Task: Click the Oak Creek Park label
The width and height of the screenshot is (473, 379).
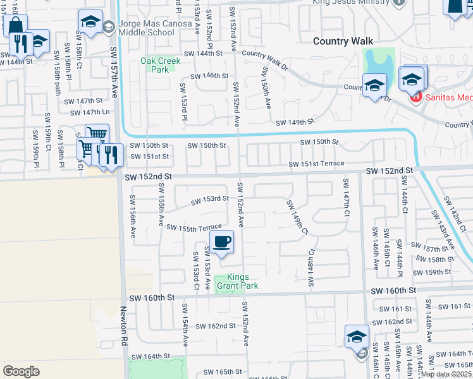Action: pos(161,65)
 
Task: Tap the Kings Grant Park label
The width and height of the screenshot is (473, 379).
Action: pos(237,282)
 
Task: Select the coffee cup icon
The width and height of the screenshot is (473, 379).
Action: pos(222,242)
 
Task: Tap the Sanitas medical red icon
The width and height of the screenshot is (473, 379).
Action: pos(415,97)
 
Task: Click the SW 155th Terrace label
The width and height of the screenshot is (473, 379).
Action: pos(194,227)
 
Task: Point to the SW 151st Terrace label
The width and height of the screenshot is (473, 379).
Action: pos(317,164)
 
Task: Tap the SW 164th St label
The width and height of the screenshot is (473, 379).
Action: pos(152,356)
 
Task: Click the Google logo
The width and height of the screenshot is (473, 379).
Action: pos(21,371)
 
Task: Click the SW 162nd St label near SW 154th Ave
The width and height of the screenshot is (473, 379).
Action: pos(215,326)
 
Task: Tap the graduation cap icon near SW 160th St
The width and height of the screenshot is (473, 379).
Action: pos(357,337)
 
